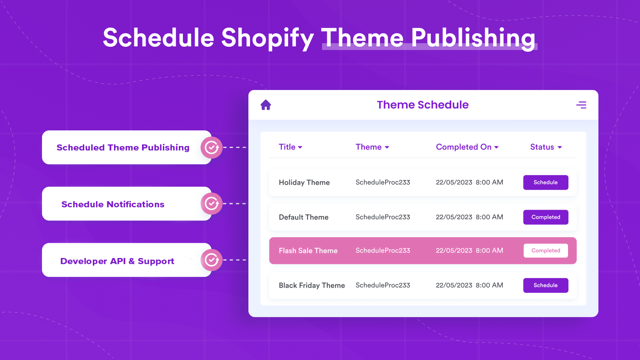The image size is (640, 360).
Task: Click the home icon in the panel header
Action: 266,105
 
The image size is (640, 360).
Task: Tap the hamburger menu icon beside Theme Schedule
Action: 581,105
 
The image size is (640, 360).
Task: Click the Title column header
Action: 290,147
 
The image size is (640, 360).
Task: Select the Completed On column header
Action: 467,147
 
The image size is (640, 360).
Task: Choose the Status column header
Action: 546,147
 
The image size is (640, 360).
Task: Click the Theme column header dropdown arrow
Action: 387,147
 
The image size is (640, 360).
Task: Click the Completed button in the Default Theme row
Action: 546,217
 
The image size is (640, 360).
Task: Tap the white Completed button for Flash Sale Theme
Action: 546,251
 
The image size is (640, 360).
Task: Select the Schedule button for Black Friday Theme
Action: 546,285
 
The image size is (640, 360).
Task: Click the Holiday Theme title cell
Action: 304,182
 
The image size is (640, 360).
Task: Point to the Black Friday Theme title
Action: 312,285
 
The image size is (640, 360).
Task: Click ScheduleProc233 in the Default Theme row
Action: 383,217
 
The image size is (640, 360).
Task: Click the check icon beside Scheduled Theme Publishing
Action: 212,148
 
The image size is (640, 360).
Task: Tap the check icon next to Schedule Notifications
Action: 212,204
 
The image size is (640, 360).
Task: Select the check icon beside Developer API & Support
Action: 212,260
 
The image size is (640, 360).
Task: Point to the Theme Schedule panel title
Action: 422,105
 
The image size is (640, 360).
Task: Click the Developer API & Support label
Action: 117,261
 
